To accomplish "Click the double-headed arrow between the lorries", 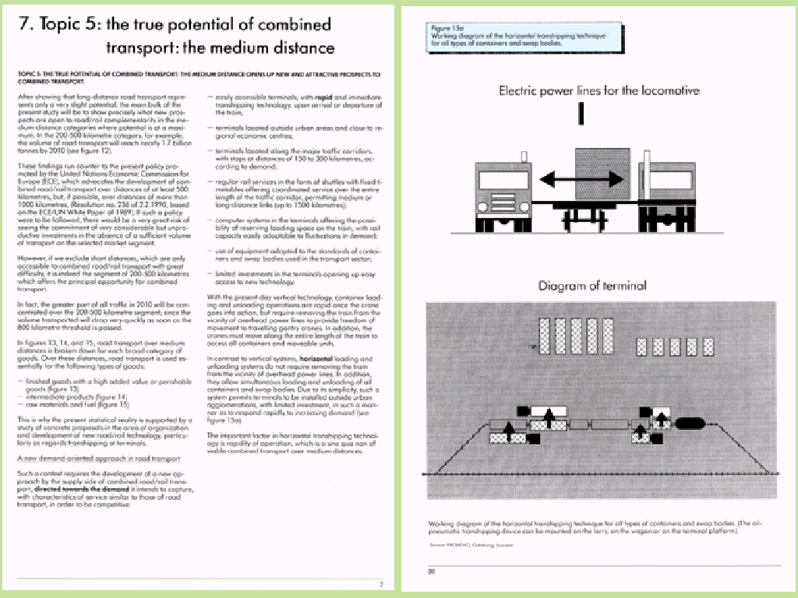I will [x=574, y=181].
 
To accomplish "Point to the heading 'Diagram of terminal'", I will [x=592, y=286].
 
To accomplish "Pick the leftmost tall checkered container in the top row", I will [x=544, y=336].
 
